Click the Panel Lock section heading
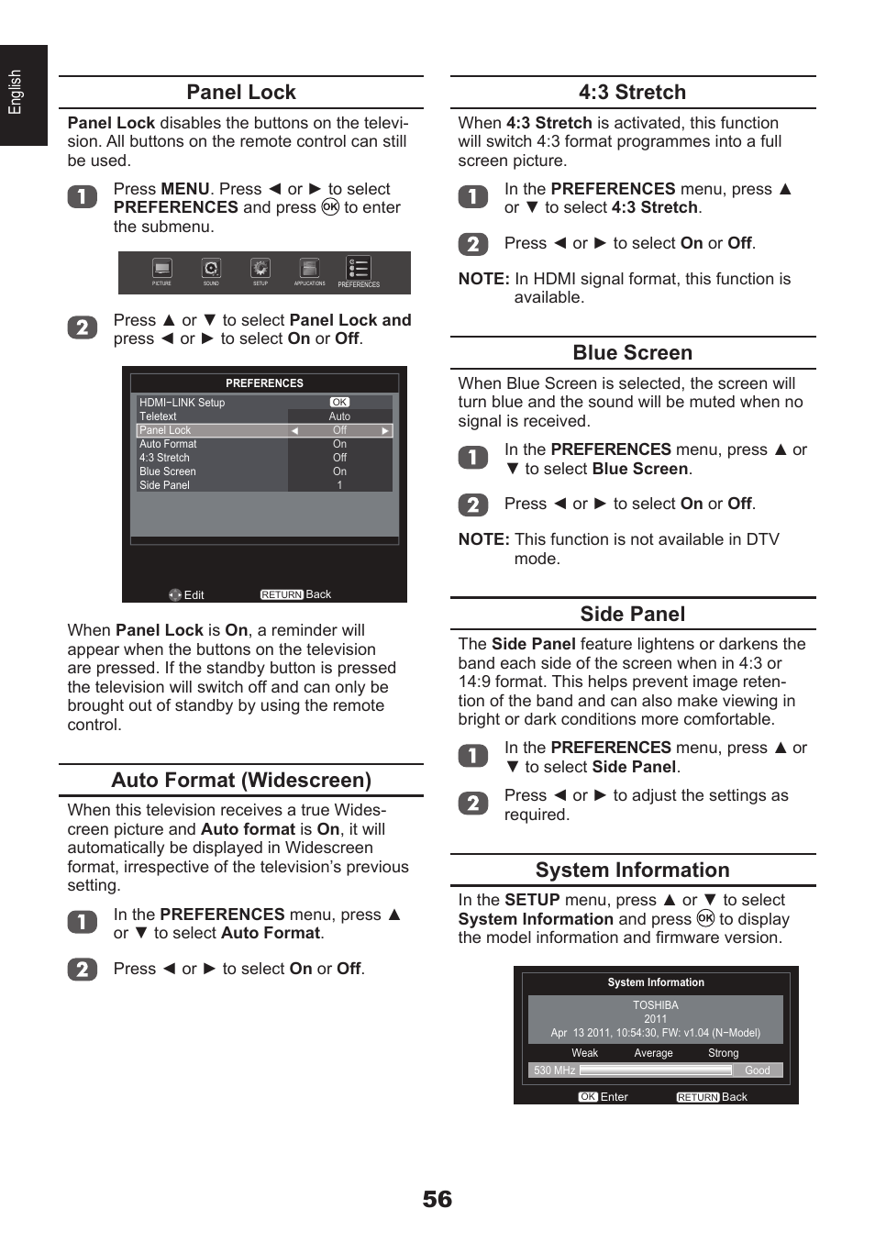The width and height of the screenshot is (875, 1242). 240,92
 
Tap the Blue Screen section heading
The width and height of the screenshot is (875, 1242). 632,353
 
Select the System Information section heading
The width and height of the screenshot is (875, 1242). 632,871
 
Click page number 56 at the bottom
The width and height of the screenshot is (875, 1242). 437,1200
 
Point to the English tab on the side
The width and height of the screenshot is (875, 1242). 16,93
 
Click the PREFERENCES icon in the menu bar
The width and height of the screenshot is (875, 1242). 358,271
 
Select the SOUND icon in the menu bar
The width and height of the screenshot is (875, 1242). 211,270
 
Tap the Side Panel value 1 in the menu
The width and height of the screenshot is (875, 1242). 339,485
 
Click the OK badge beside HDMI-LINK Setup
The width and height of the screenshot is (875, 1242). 339,403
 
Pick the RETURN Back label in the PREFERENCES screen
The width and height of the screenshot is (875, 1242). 295,594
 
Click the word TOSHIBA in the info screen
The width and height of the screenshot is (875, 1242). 655,1005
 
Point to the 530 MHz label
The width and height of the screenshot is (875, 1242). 554,1070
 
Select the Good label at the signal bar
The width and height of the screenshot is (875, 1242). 757,1070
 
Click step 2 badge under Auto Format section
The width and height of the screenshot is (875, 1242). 83,970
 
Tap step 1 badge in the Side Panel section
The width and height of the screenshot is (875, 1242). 473,756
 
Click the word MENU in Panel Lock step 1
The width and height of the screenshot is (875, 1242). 185,189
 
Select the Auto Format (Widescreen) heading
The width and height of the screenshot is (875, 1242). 241,781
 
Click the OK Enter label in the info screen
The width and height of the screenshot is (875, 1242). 604,1097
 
